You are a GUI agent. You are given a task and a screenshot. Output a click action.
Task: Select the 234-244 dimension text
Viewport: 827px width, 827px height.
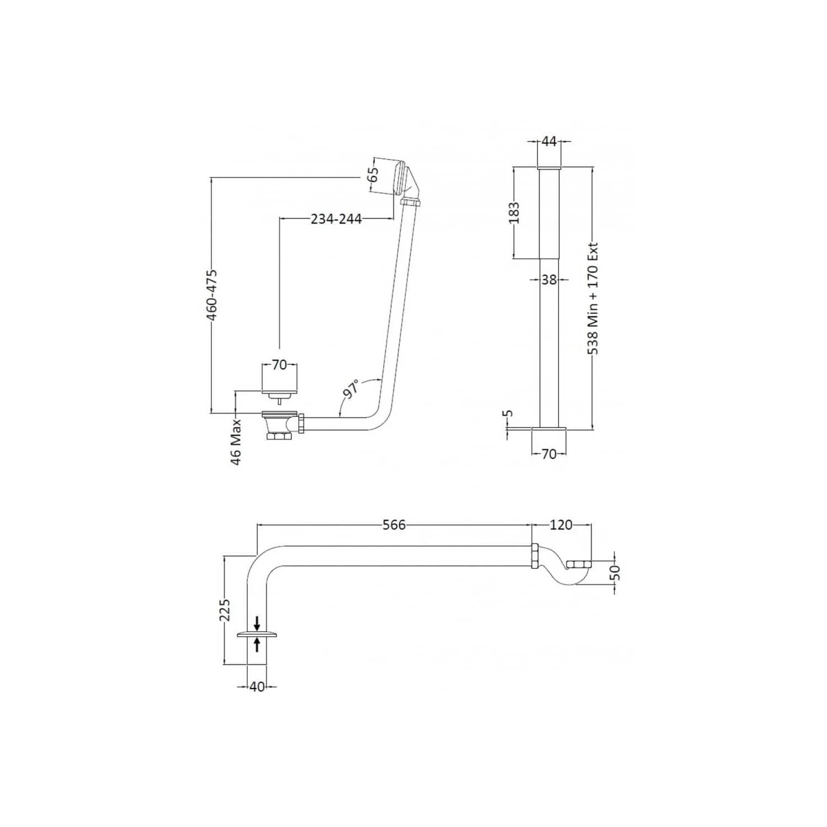click(x=336, y=219)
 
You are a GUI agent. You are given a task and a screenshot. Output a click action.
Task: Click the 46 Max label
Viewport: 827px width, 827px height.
click(x=237, y=442)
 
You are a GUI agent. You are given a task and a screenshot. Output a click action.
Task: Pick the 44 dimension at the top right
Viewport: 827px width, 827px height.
click(x=549, y=141)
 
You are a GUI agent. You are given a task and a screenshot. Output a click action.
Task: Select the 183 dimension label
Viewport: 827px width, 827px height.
click(x=514, y=213)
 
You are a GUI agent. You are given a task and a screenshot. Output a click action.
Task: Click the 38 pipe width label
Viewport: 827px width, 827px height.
click(x=549, y=280)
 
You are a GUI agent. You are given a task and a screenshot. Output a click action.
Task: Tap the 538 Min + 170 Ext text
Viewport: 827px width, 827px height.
click(x=593, y=299)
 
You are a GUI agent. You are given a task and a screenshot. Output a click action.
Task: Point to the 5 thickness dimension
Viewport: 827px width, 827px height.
click(x=509, y=412)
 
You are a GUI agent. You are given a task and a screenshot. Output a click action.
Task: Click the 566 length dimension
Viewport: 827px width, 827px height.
click(x=394, y=525)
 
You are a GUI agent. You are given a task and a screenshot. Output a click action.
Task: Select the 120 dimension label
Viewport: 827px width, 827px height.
click(x=561, y=525)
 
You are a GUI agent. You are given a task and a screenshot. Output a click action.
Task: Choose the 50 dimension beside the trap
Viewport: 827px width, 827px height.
click(x=616, y=572)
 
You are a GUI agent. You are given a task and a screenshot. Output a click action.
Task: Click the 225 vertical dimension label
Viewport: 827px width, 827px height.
click(x=225, y=610)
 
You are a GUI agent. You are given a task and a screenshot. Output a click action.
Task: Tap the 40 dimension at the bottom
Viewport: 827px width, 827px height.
click(x=257, y=687)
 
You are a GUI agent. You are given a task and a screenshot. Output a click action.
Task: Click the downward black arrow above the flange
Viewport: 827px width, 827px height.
click(x=257, y=624)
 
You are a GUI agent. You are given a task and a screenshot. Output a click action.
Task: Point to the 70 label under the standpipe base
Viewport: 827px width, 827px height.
click(x=549, y=454)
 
